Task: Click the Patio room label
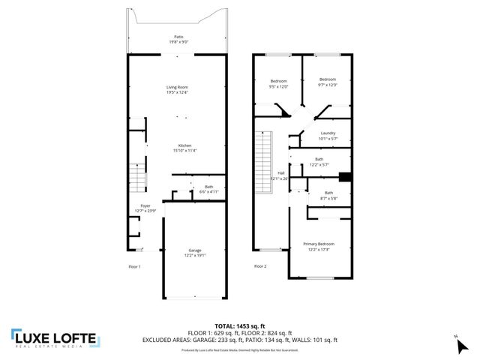tap(178, 39)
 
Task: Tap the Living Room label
tap(177, 90)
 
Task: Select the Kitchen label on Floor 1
tap(184, 148)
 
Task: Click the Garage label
tap(194, 253)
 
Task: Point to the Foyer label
tap(145, 208)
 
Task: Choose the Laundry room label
tap(328, 135)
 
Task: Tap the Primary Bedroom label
tap(319, 247)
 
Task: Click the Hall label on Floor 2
tap(281, 175)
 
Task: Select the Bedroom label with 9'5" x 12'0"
tap(277, 82)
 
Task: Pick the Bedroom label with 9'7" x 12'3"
tap(327, 82)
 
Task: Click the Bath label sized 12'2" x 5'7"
tap(319, 161)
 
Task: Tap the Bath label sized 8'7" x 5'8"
tap(328, 195)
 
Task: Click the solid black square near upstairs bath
tap(345, 178)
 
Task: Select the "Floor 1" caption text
tap(134, 266)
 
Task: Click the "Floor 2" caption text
tap(260, 266)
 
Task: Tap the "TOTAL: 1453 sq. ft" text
tap(239, 326)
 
